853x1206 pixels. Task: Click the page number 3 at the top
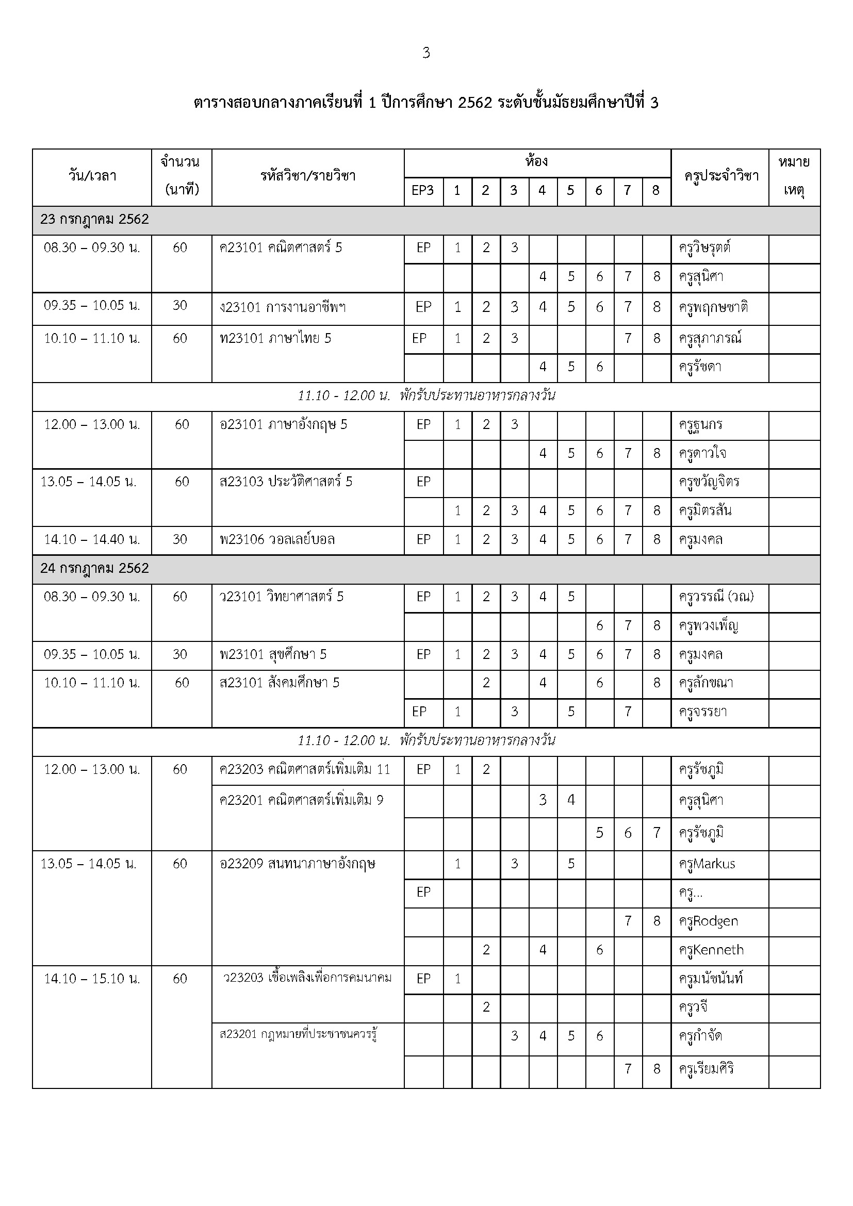[x=426, y=53]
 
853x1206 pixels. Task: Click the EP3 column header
[x=423, y=190]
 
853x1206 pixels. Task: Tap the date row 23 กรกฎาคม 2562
[x=94, y=220]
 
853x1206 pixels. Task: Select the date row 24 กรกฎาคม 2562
[x=94, y=568]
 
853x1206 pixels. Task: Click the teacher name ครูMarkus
[x=707, y=864]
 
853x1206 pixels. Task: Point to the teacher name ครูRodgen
[x=709, y=921]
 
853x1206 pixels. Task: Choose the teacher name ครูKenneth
[x=711, y=950]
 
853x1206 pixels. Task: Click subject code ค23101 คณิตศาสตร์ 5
[x=281, y=247]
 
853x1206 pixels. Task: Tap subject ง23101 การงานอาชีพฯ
[x=283, y=307]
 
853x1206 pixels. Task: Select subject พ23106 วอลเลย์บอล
[x=277, y=539]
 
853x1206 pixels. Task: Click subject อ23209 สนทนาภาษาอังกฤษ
[x=297, y=864]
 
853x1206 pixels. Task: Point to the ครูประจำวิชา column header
[x=721, y=176]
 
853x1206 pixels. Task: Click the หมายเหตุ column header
[x=794, y=176]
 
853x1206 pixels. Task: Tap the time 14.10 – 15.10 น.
[x=92, y=979]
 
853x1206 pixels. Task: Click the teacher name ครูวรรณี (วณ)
[x=716, y=597]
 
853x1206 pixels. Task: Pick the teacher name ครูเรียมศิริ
[x=706, y=1069]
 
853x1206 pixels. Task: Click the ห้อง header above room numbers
[x=536, y=161]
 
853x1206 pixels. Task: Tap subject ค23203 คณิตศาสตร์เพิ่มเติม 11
[x=305, y=769]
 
